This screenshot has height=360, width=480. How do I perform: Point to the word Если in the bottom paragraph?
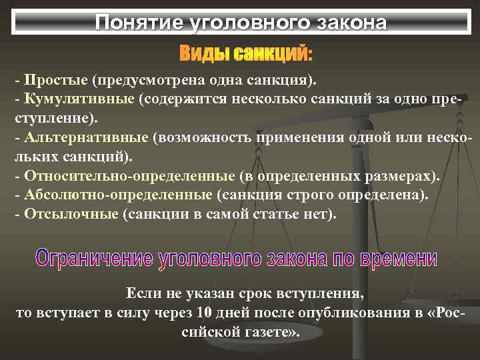point(141,294)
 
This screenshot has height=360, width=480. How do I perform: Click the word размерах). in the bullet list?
point(400,176)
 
